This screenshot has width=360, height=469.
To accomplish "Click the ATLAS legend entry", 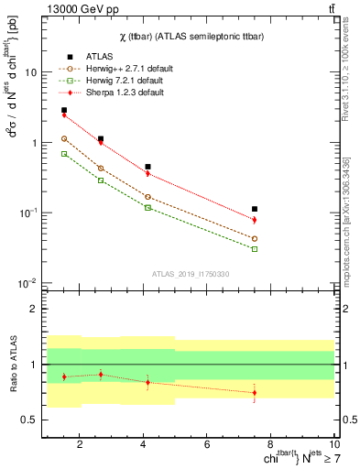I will [x=98, y=56].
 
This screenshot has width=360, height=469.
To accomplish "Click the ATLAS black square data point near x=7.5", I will [x=255, y=209].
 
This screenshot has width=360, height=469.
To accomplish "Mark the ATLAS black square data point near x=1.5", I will [x=64, y=110].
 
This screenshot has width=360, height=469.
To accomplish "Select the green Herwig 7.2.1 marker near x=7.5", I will [x=255, y=248].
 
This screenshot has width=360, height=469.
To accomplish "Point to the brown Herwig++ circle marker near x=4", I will [x=147, y=196].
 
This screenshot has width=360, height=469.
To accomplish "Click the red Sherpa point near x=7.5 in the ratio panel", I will [x=255, y=393].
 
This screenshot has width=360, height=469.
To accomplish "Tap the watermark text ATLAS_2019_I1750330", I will [x=190, y=274].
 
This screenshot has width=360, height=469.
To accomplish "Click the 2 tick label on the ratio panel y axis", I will [x=37, y=309].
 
